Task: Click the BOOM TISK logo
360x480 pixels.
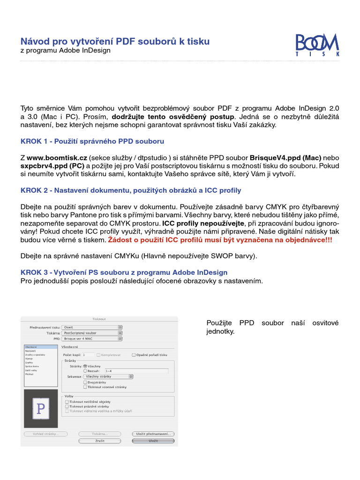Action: [317, 45]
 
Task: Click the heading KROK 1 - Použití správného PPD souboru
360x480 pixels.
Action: [92, 141]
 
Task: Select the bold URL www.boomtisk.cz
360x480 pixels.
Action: [57, 158]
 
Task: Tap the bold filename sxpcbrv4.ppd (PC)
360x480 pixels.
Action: [52, 166]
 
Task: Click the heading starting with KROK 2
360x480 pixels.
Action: [131, 190]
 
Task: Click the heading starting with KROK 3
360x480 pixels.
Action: [124, 272]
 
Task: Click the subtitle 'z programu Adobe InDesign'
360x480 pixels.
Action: [66, 50]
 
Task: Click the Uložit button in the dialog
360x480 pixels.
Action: [153, 441]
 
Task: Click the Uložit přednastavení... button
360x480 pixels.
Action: [153, 434]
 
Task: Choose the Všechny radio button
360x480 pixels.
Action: [85, 366]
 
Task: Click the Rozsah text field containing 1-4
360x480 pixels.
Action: [136, 371]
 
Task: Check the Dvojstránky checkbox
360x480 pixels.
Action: [85, 382]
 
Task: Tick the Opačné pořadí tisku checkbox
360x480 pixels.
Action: [134, 355]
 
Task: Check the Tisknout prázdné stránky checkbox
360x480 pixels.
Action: [67, 406]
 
